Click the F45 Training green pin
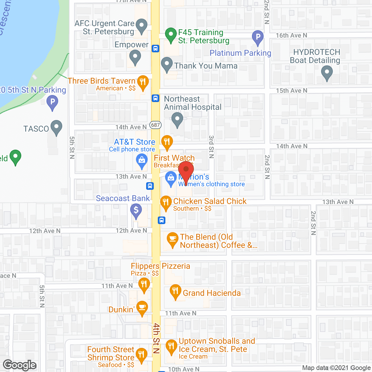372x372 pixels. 171,34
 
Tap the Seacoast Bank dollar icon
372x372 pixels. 136,210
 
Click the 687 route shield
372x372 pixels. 155,125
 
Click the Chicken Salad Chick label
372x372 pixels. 210,201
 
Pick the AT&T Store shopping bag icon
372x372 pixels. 142,160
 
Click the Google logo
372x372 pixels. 20,365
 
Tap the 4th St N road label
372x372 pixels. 156,338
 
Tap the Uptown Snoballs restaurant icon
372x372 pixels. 171,346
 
